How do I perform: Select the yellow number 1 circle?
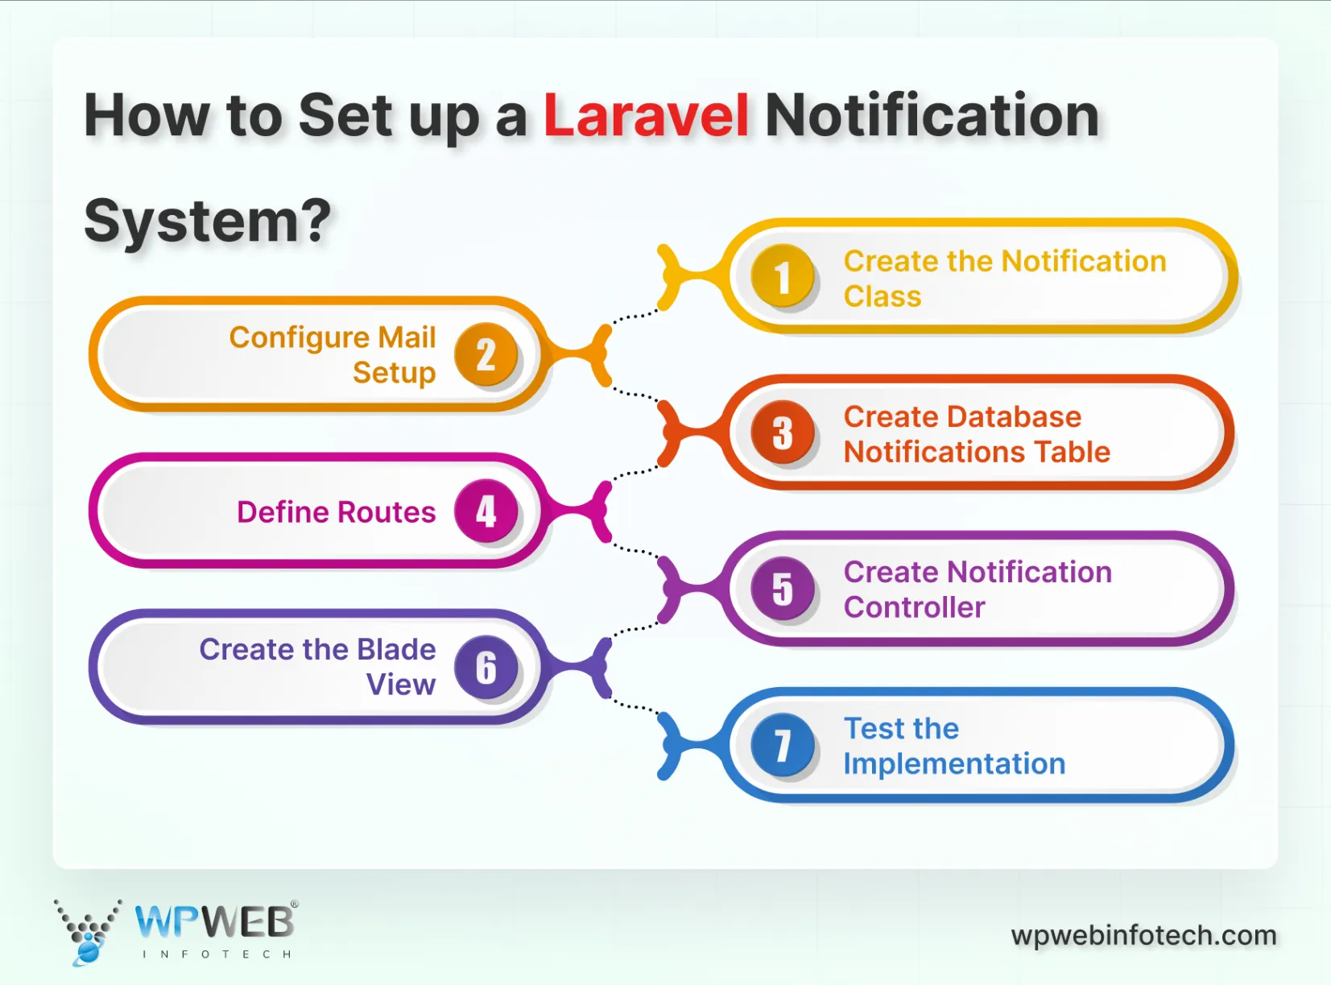(782, 278)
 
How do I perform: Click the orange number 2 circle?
(486, 354)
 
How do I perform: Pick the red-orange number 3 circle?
(782, 433)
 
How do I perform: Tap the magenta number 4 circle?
(486, 511)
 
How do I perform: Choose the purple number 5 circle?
(782, 589)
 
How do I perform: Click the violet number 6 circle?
(486, 667)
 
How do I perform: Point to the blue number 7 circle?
(782, 745)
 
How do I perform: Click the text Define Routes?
(336, 512)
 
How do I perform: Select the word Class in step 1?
(883, 297)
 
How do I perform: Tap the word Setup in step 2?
(394, 373)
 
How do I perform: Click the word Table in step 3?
(1072, 453)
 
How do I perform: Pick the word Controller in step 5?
(914, 608)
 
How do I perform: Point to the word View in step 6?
(401, 685)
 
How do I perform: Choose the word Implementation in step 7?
(954, 764)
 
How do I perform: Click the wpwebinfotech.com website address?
(1143, 935)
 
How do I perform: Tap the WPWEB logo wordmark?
(214, 922)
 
